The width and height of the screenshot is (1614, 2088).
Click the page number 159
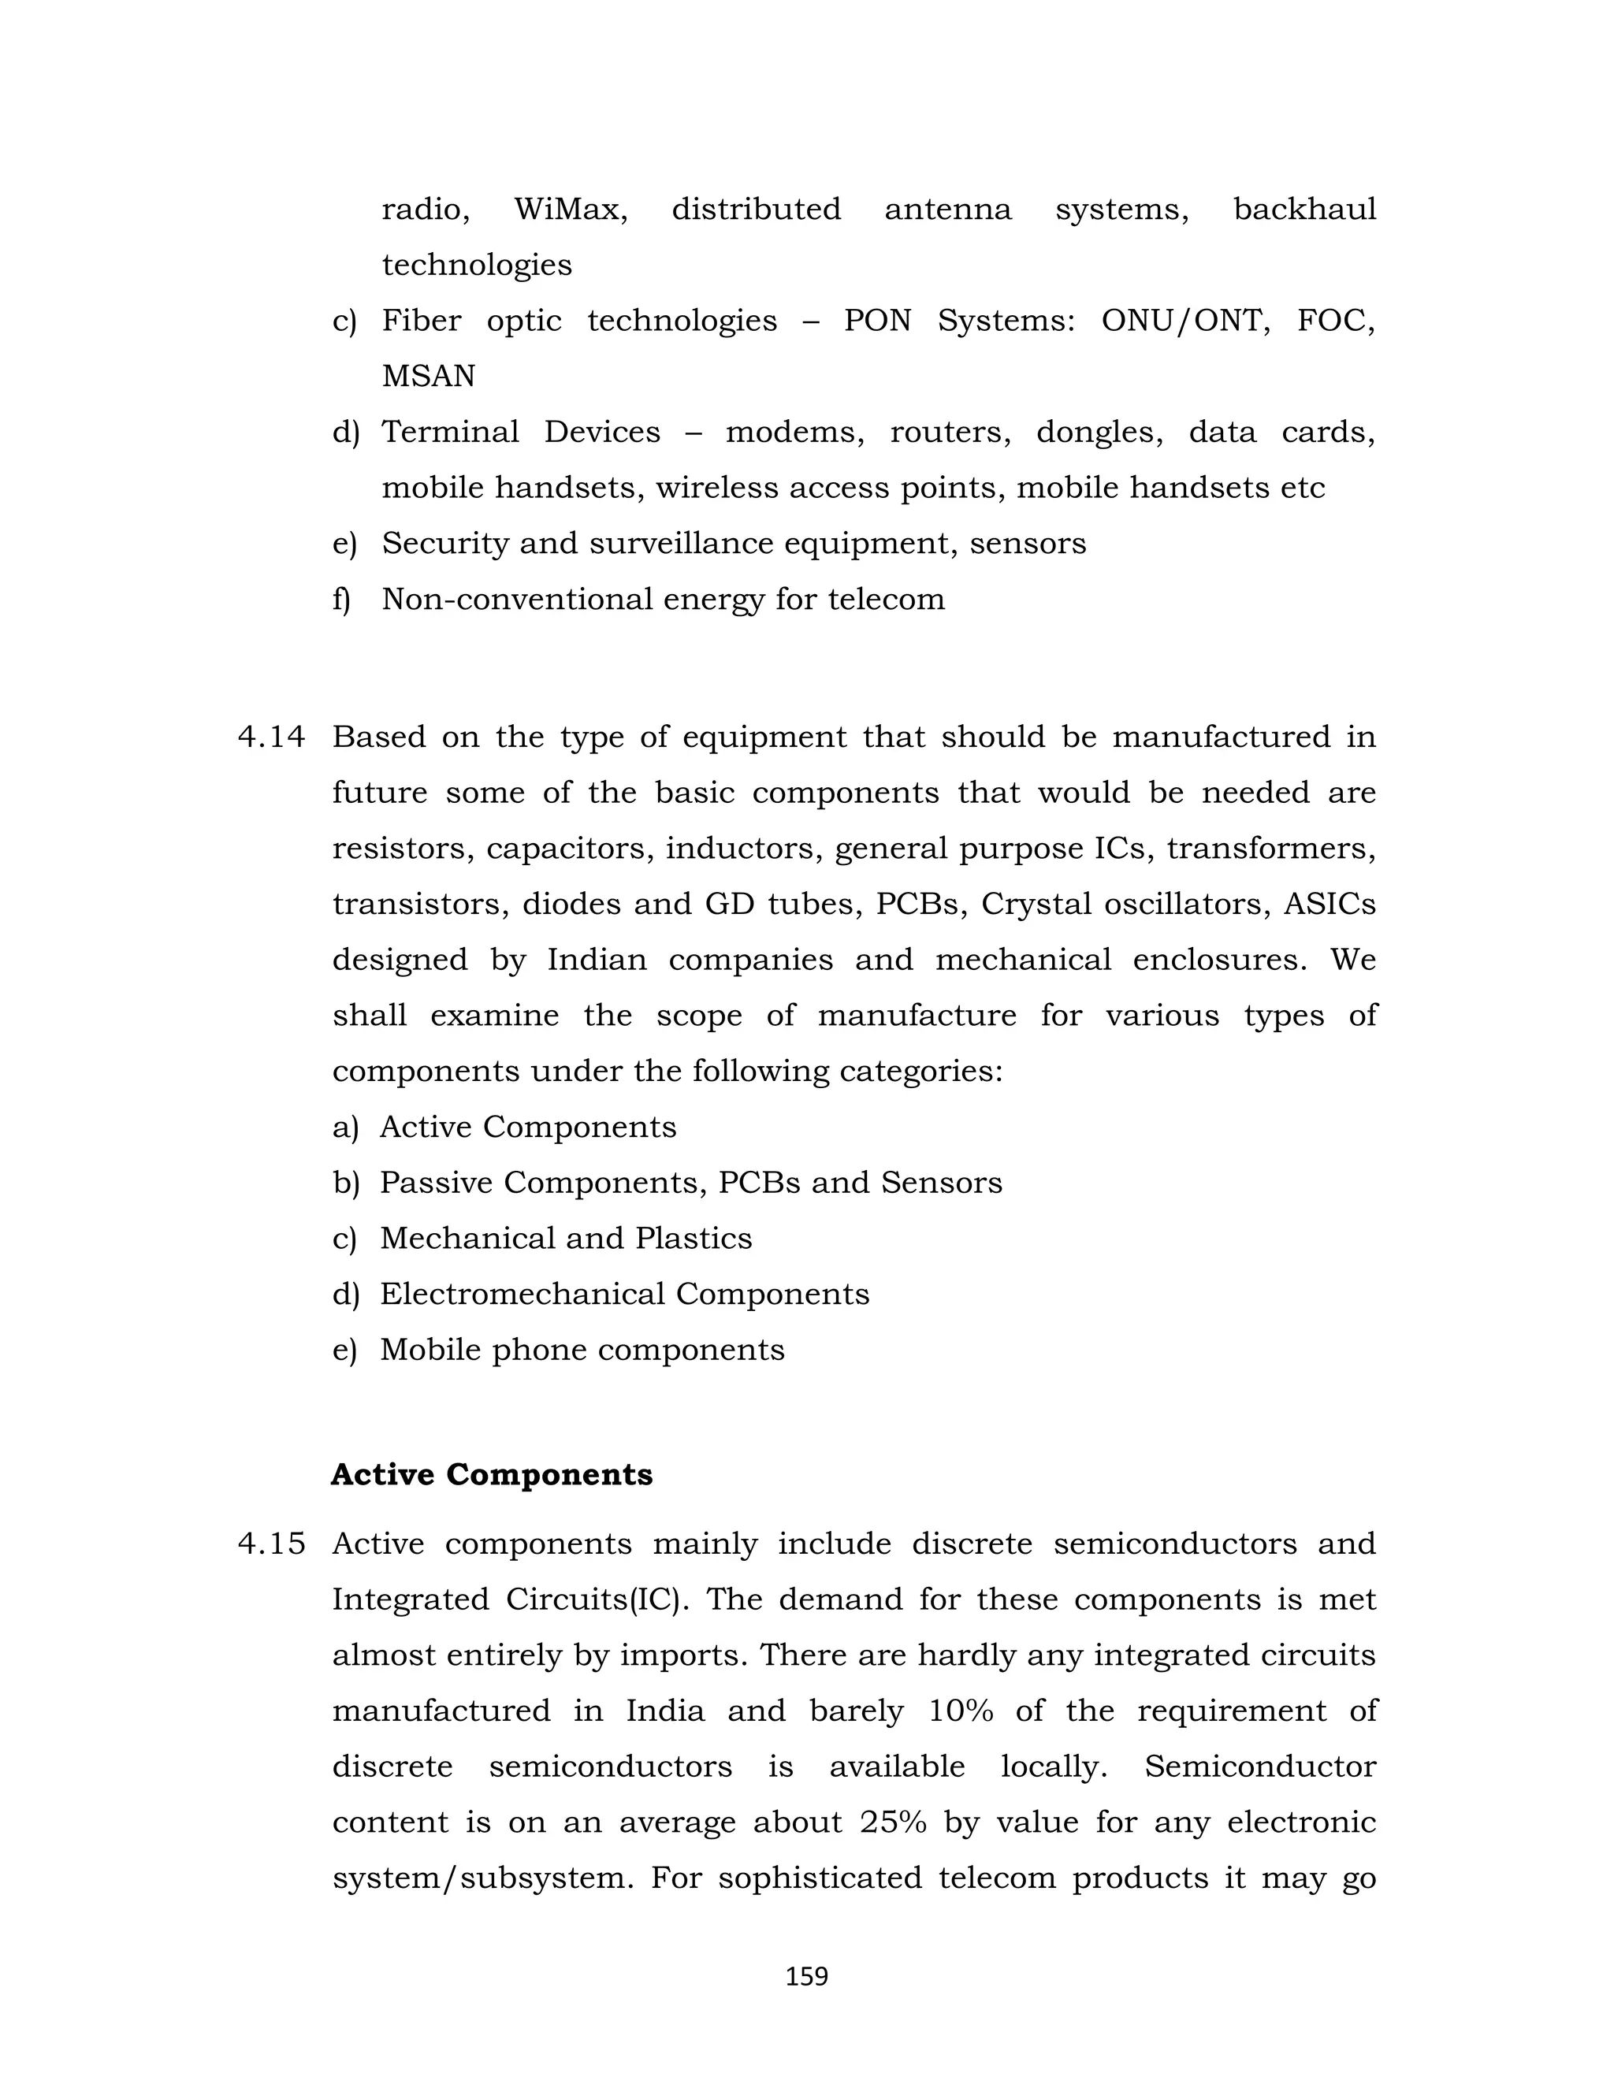tap(806, 1976)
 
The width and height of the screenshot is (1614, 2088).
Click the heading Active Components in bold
tap(492, 1474)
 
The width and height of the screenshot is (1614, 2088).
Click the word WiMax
tap(571, 209)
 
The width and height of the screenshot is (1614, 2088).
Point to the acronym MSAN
tap(429, 376)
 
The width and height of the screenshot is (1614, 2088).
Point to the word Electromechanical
tap(522, 1294)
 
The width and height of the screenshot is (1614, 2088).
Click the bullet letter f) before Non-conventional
tap(341, 600)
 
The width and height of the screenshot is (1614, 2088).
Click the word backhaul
tap(1304, 209)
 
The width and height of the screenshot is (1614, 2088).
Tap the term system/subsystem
tap(483, 1878)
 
